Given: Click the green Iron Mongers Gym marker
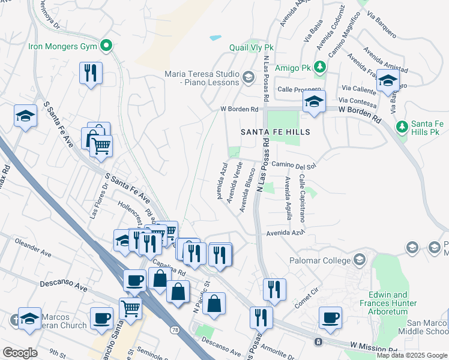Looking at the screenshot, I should pyautogui.click(x=106, y=45).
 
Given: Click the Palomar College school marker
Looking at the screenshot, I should pyautogui.click(x=359, y=260).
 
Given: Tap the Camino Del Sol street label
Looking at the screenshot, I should pyautogui.click(x=293, y=164).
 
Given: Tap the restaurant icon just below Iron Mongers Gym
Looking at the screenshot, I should pyautogui.click(x=91, y=73).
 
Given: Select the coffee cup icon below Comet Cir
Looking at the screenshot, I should pyautogui.click(x=330, y=318).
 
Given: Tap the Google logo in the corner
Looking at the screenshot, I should pyautogui.click(x=20, y=352).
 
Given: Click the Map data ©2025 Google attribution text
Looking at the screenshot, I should pyautogui.click(x=412, y=355).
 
